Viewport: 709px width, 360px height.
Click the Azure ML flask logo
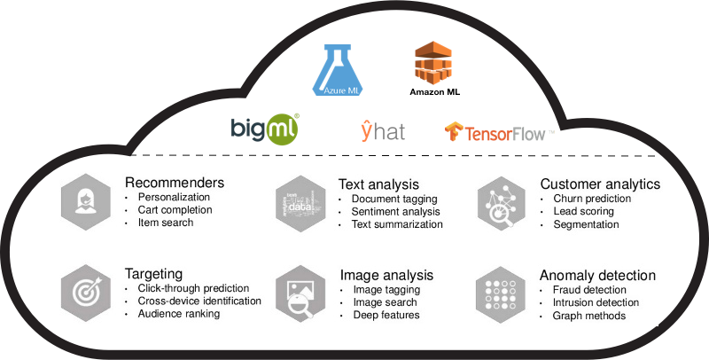(338, 70)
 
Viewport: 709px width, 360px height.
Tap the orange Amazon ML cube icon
(433, 62)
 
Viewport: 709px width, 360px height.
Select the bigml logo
(265, 129)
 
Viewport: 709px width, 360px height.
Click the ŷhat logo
(383, 130)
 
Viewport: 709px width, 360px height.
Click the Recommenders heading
(175, 183)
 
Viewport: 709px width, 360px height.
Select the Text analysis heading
(378, 184)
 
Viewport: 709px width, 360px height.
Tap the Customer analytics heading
(600, 184)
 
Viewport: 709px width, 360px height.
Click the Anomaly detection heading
(597, 276)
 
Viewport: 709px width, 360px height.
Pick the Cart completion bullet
(175, 210)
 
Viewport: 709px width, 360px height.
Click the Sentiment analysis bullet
(395, 212)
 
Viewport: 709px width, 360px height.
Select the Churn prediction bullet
(592, 199)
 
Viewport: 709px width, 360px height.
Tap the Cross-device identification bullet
(199, 301)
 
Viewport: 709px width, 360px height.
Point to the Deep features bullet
(386, 315)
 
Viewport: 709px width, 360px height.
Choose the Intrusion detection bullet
(596, 302)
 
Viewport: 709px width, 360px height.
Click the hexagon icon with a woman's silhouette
(86, 201)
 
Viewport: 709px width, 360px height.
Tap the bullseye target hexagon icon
(86, 293)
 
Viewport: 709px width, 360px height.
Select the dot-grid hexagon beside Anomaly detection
(501, 294)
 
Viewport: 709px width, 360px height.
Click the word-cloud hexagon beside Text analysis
(300, 204)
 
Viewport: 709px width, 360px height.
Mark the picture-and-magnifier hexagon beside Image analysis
(300, 293)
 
